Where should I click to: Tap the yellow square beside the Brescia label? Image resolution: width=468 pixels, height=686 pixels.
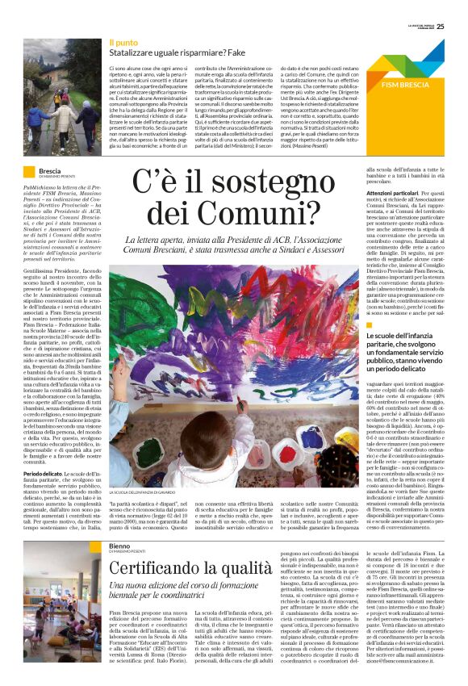tap(30, 173)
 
